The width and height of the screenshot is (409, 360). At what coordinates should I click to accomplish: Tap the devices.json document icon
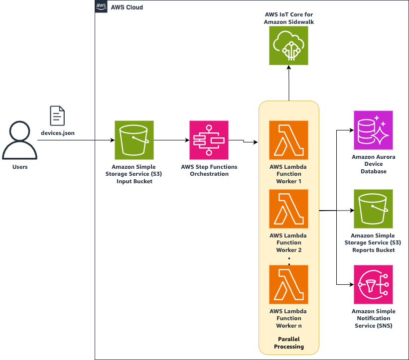point(57,116)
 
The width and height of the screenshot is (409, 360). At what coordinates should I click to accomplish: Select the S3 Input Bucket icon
point(134,140)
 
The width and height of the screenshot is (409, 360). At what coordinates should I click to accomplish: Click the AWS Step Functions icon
point(209,140)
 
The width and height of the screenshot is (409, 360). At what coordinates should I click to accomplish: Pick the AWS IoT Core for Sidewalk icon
point(288,45)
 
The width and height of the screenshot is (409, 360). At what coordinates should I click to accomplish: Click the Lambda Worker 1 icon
point(288,140)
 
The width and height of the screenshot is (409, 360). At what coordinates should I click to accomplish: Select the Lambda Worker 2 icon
point(288,209)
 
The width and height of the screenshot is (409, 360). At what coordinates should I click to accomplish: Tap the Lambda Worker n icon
point(288,284)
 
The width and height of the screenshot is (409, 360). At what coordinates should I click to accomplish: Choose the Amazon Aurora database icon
point(373,130)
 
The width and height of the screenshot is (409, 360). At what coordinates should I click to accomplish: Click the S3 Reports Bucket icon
point(373,209)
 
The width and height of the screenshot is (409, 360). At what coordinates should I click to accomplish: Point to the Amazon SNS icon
point(373,284)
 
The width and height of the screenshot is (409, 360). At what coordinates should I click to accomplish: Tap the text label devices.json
point(57,134)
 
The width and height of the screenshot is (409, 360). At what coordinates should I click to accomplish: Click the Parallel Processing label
point(288,343)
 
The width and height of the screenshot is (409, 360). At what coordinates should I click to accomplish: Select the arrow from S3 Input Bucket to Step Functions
point(171,140)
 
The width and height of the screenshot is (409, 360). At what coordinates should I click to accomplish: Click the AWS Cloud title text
point(127,8)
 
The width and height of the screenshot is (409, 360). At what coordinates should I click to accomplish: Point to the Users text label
point(20,167)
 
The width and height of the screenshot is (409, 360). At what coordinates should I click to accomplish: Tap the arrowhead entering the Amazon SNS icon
point(352,284)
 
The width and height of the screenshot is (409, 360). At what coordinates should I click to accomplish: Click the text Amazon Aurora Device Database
point(373,164)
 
